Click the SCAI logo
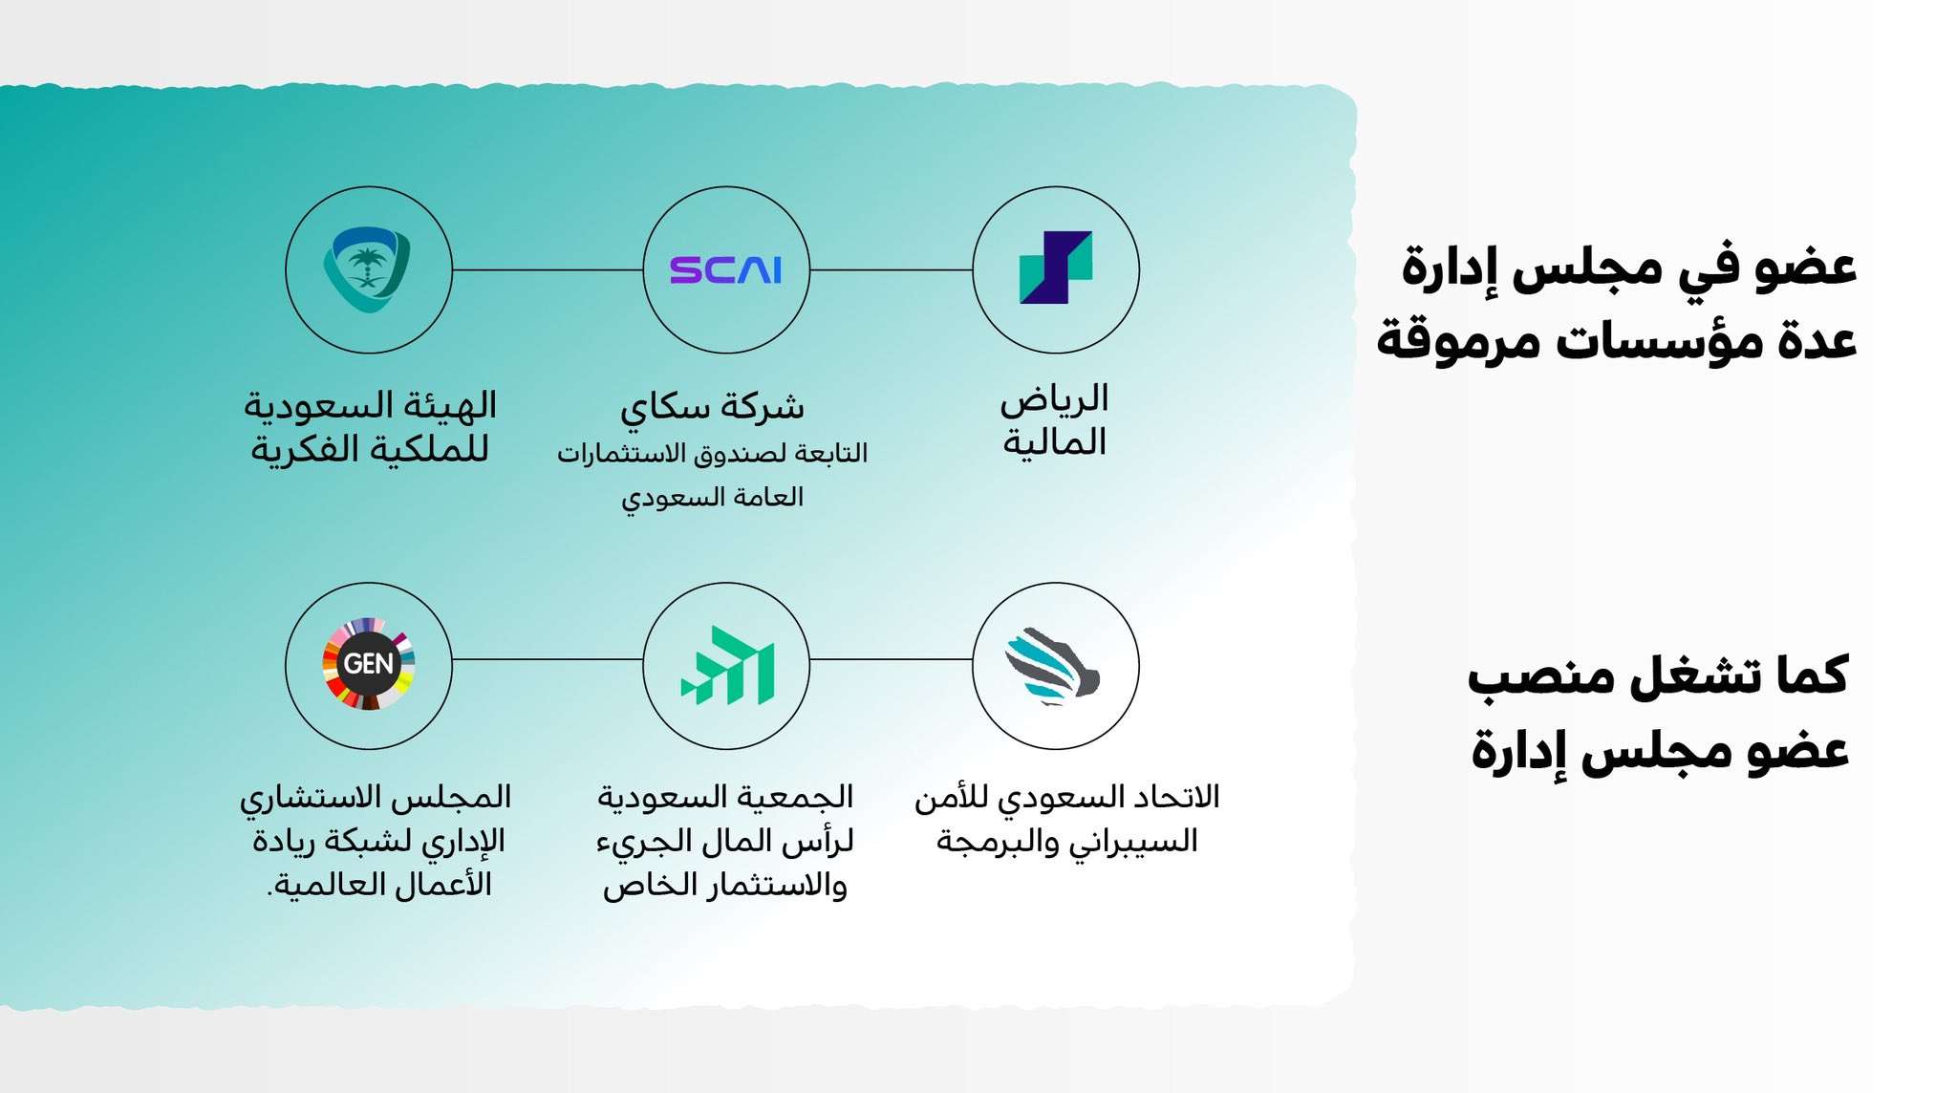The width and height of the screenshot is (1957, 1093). tap(725, 270)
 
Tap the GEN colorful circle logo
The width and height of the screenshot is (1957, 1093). tap(369, 664)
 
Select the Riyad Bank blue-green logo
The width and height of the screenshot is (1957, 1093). tap(1056, 268)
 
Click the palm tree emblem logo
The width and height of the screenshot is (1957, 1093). tap(368, 269)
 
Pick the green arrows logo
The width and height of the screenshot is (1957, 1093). tap(727, 665)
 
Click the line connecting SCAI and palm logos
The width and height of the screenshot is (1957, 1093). tap(548, 270)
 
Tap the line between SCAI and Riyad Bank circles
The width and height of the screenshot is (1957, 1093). tap(891, 270)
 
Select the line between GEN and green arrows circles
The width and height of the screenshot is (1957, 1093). tap(548, 659)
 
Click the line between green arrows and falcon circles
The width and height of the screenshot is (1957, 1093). tap(891, 659)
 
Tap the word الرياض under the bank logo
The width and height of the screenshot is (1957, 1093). tap(1054, 399)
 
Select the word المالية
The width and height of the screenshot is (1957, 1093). tap(1054, 442)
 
